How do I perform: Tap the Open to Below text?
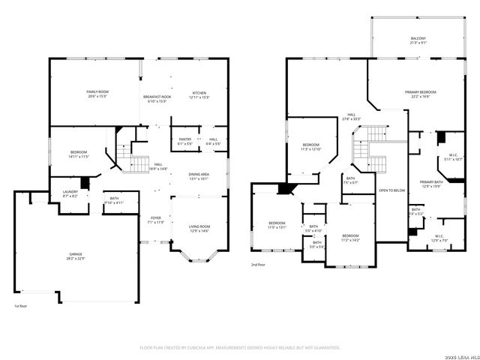click(391, 190)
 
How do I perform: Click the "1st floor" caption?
click(20, 307)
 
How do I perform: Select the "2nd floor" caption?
click(258, 264)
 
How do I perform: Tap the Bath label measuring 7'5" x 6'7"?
click(351, 179)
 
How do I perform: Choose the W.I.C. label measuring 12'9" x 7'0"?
click(439, 238)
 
